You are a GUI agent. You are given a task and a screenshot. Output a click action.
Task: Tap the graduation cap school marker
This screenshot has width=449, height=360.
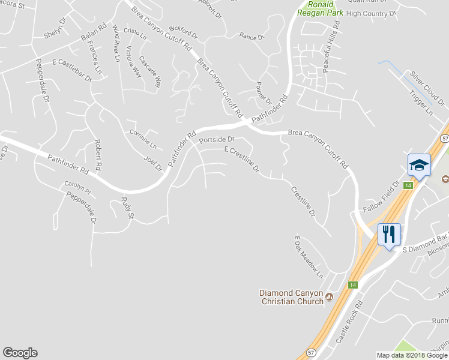point(419,164)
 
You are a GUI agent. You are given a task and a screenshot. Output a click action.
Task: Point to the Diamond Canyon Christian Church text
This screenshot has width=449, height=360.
point(291,297)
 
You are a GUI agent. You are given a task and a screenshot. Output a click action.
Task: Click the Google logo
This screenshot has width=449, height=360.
point(20,353)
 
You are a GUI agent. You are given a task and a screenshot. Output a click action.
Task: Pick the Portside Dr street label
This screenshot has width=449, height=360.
point(216,139)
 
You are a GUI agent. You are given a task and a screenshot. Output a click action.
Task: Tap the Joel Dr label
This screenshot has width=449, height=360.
point(154,163)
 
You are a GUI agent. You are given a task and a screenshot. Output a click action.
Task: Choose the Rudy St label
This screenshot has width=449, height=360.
point(127,207)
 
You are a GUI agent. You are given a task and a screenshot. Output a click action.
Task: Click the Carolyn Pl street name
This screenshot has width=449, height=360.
point(77,188)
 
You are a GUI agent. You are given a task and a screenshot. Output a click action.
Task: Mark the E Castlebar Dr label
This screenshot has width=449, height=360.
point(72,70)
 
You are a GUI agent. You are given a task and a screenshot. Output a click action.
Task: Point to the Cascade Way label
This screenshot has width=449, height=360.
point(151,71)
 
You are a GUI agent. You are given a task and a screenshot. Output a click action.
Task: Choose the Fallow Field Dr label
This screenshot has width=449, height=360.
point(382,197)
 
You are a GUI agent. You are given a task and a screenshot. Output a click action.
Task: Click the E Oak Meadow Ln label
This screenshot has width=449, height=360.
point(309,257)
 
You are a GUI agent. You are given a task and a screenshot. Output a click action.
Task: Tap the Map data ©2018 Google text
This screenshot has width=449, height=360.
point(412,355)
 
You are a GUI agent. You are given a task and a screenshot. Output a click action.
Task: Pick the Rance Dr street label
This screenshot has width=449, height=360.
point(252,37)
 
